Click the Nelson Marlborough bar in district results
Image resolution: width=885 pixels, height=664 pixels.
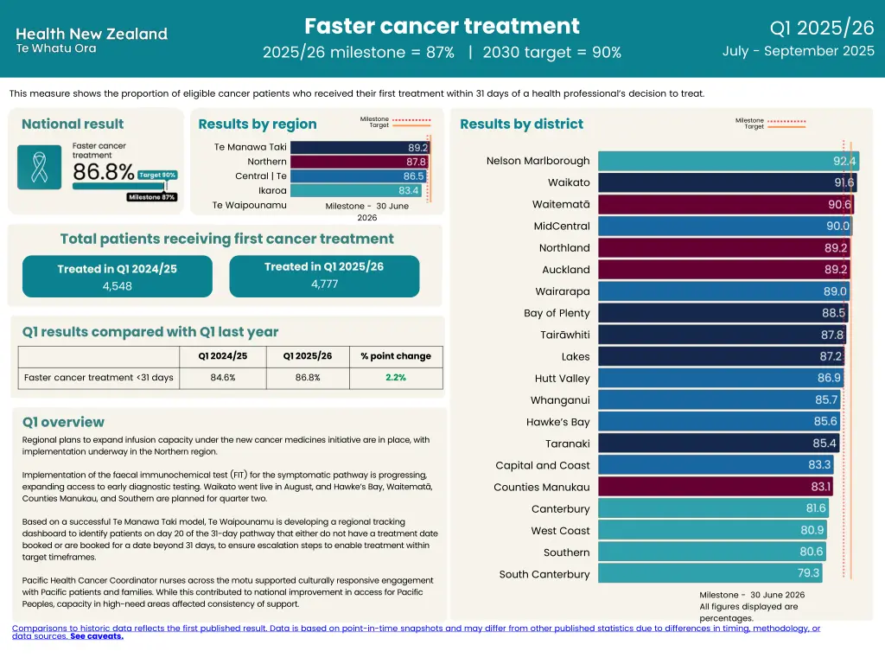(727, 161)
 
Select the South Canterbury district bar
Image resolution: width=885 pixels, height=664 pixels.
(710, 573)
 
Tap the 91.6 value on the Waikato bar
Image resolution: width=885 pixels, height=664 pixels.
(844, 182)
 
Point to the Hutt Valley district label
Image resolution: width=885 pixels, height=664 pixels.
(562, 378)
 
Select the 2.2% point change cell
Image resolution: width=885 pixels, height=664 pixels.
(396, 378)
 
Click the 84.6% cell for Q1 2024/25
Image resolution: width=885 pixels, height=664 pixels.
(222, 378)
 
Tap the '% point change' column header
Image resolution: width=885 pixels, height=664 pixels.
(396, 356)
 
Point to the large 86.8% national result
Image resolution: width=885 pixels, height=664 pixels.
(103, 172)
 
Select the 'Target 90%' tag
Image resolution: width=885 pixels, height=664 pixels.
(157, 175)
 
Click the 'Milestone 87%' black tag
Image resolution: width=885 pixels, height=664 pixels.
(152, 197)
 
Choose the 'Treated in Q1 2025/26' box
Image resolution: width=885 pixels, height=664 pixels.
(324, 276)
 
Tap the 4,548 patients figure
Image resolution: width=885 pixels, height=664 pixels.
(117, 286)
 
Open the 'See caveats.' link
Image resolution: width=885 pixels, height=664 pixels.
(96, 636)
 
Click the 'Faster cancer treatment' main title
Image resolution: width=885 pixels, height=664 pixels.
(442, 26)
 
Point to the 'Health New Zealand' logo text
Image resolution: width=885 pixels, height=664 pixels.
(92, 35)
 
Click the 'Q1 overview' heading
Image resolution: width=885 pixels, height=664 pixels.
(63, 422)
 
